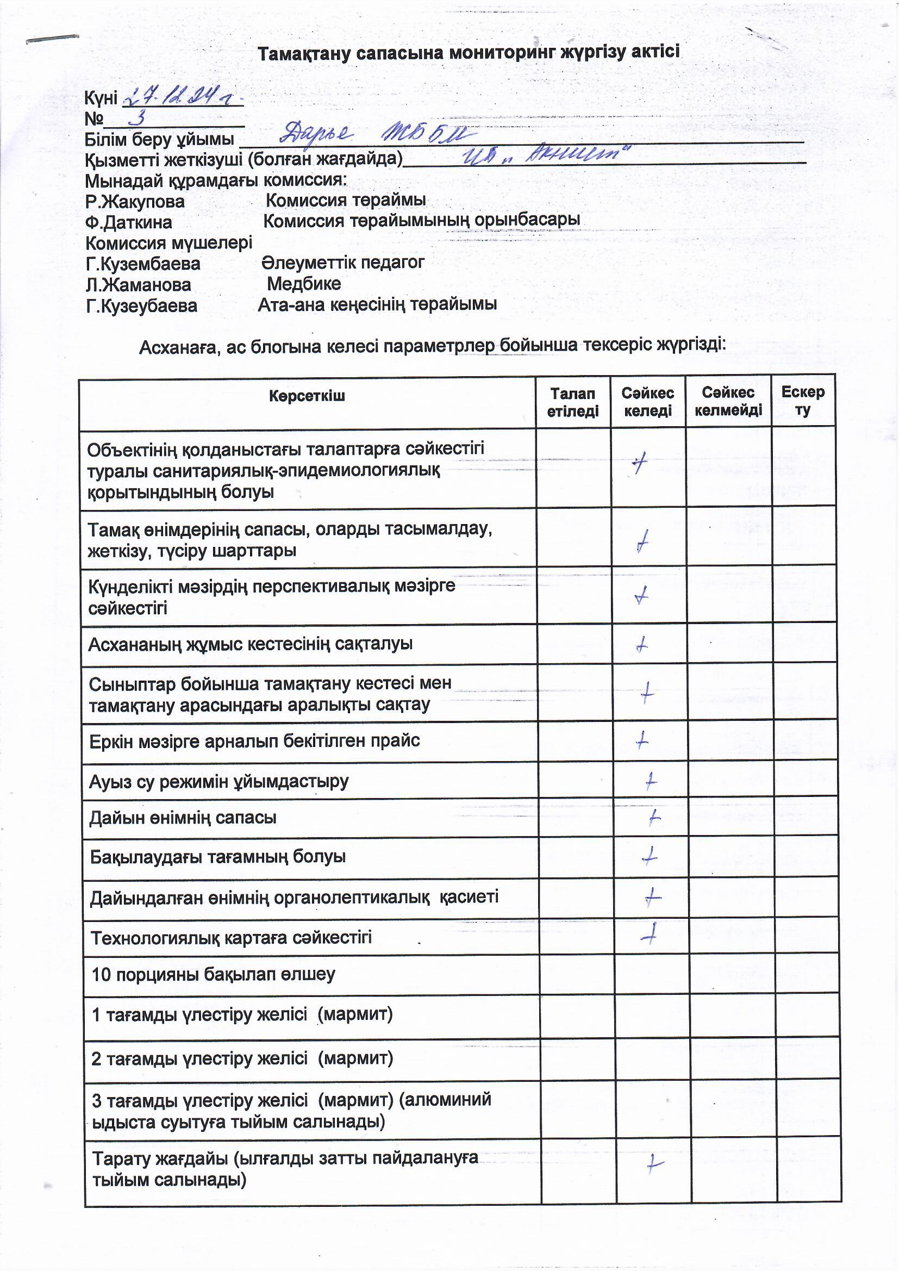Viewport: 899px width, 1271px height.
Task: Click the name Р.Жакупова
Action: tap(135, 202)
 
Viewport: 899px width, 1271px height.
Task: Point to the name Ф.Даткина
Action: tap(128, 222)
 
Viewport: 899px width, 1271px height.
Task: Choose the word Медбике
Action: tap(304, 284)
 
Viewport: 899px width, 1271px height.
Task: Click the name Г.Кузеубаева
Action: tap(142, 306)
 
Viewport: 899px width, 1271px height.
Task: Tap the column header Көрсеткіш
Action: tap(307, 396)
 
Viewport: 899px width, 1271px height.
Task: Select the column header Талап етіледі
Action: tap(572, 402)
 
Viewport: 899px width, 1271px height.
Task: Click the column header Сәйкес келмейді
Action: tap(728, 401)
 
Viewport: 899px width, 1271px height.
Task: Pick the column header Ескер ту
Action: tap(803, 401)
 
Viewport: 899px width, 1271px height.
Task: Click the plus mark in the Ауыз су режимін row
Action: tap(651, 781)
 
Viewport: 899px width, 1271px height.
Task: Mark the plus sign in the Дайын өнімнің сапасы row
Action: tap(654, 817)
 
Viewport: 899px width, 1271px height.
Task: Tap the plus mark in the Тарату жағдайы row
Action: tap(655, 1164)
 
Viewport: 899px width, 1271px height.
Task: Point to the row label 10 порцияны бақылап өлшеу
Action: tap(213, 974)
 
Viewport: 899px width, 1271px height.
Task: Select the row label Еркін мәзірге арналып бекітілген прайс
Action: tap(254, 740)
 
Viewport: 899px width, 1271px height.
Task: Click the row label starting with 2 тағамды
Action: tap(242, 1058)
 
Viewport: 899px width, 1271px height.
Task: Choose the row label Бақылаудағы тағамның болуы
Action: tap(217, 857)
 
